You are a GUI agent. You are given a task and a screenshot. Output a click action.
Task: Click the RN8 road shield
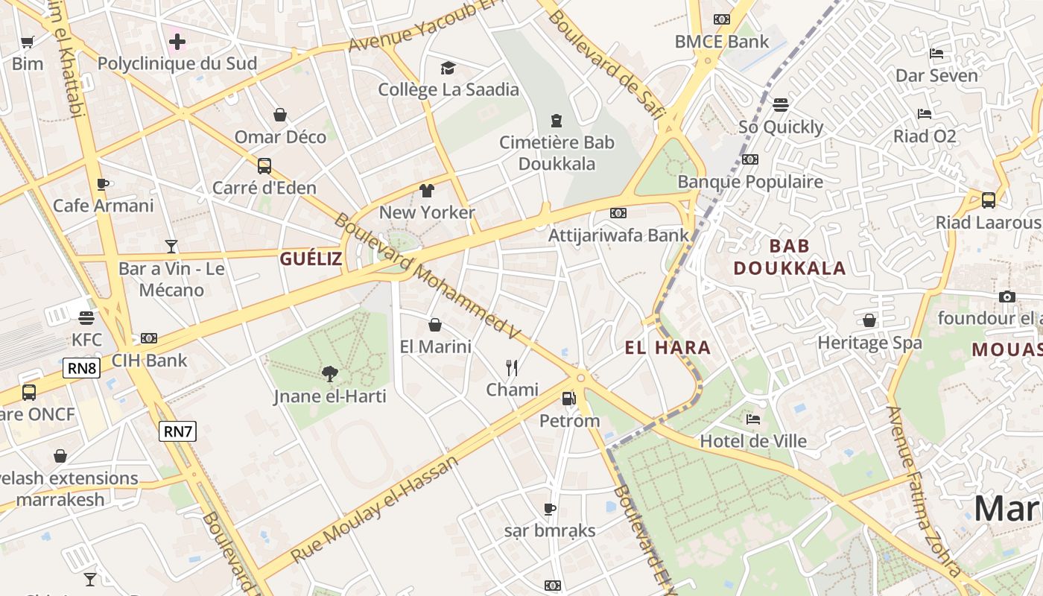[x=81, y=368]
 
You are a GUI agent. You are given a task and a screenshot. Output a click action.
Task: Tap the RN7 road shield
[x=178, y=431]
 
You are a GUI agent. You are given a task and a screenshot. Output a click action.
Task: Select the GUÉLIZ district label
[x=311, y=259]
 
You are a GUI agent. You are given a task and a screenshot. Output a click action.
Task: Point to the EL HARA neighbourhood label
[x=668, y=347]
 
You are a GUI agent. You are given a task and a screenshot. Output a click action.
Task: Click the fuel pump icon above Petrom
[x=568, y=399]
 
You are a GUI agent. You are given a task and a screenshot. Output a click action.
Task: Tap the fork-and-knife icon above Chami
[x=512, y=367]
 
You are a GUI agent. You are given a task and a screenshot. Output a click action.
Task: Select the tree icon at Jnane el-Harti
[x=329, y=373]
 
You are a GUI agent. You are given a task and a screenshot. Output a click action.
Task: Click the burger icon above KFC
[x=86, y=318]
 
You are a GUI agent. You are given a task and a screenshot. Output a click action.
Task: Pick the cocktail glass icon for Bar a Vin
[x=171, y=246]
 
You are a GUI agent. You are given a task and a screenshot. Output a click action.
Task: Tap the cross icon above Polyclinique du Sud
[x=177, y=42]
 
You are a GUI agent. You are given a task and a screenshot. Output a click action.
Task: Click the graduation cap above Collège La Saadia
[x=448, y=68]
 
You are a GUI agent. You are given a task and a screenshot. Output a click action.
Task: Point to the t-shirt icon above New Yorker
[x=427, y=191]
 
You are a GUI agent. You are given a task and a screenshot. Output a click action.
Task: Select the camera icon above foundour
[x=1007, y=297]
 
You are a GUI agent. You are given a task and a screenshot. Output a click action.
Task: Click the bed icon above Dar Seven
[x=936, y=54]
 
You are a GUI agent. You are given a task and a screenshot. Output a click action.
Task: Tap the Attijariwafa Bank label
[x=618, y=235]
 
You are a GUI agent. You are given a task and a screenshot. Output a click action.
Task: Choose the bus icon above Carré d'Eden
[x=264, y=165]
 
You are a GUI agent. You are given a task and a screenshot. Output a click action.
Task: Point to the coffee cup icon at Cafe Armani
[x=103, y=184]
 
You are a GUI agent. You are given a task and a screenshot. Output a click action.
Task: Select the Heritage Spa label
[x=869, y=343]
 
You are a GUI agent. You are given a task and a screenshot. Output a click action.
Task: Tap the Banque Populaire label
[x=750, y=181]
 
